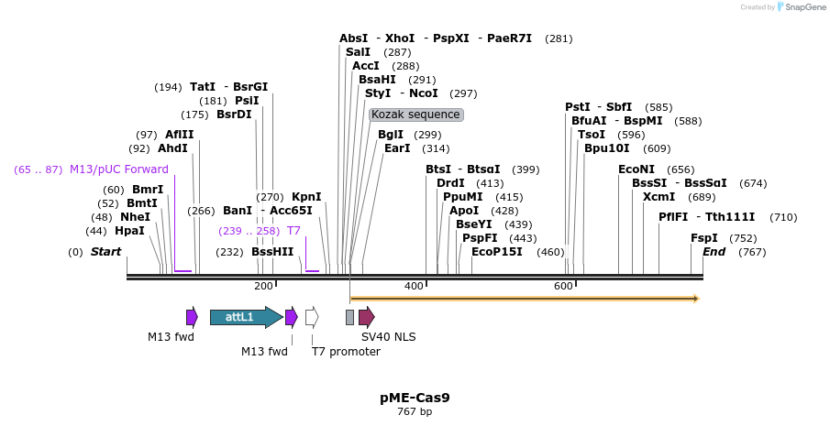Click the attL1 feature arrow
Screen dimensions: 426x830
(x=245, y=317)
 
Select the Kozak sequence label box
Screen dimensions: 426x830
(x=416, y=115)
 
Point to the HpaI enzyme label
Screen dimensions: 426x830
(x=129, y=231)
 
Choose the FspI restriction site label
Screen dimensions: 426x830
(x=704, y=237)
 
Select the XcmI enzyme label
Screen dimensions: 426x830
(x=658, y=196)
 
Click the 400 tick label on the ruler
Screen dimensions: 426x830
(x=415, y=287)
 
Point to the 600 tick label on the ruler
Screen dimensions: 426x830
(x=563, y=287)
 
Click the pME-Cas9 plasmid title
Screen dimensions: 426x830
(x=415, y=398)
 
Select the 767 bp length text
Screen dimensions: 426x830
(x=415, y=412)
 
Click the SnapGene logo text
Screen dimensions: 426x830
(x=802, y=7)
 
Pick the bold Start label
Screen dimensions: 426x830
(x=105, y=252)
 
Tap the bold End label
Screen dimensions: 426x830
(x=714, y=252)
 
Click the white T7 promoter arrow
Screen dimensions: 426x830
(x=312, y=317)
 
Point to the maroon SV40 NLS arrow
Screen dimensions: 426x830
(x=366, y=317)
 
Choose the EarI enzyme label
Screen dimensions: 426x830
(x=397, y=148)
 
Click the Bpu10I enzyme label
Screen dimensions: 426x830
(x=607, y=148)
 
